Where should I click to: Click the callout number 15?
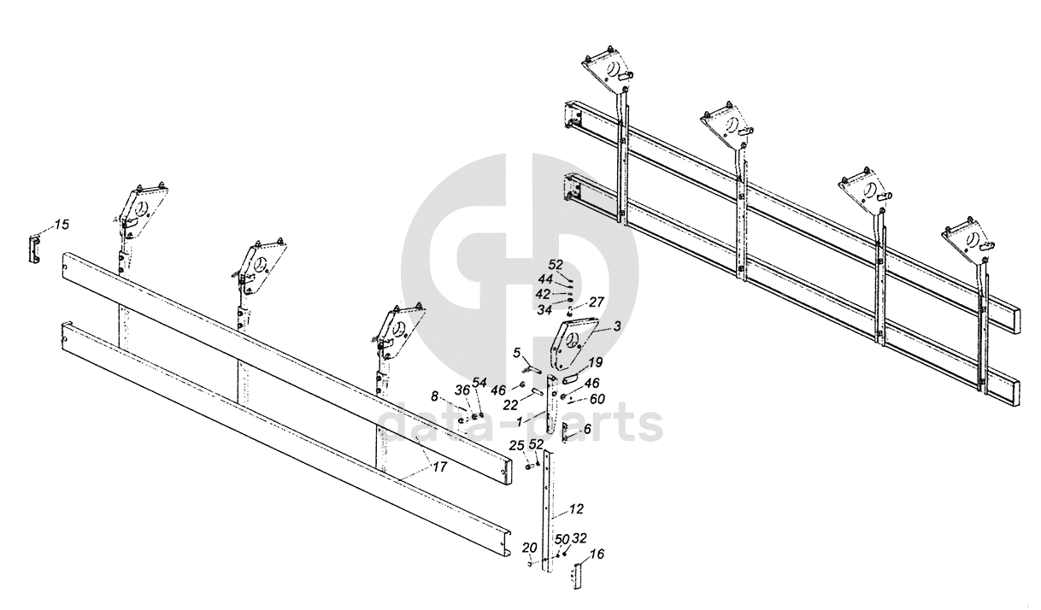pyautogui.click(x=62, y=225)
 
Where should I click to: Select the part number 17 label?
pyautogui.click(x=438, y=467)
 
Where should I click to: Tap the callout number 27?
pyautogui.click(x=596, y=302)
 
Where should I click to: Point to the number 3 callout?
pyautogui.click(x=617, y=326)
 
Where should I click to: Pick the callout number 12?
pyautogui.click(x=576, y=509)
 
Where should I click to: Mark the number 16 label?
pyautogui.click(x=597, y=554)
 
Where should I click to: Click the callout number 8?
pyautogui.click(x=434, y=396)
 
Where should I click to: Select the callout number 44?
pyautogui.click(x=545, y=279)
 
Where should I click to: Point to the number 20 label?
pyautogui.click(x=529, y=548)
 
